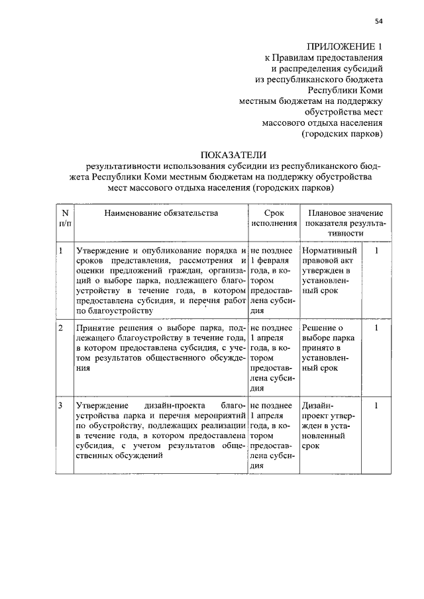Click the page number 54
click(379, 21)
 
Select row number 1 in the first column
click(60, 251)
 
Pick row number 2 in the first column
click(60, 328)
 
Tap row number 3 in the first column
click(60, 404)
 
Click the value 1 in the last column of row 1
click(376, 251)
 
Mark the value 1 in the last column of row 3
click(376, 404)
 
